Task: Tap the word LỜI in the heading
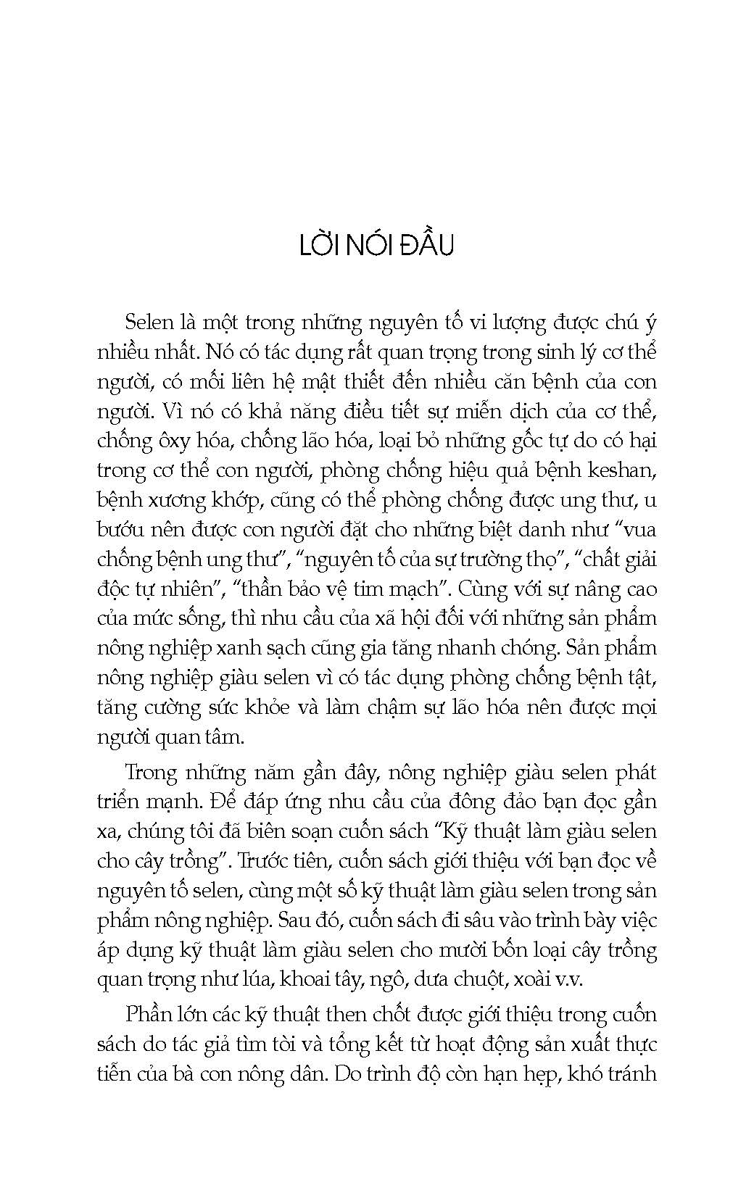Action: point(318,246)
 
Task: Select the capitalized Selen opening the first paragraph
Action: point(148,322)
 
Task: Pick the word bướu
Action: point(117,530)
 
